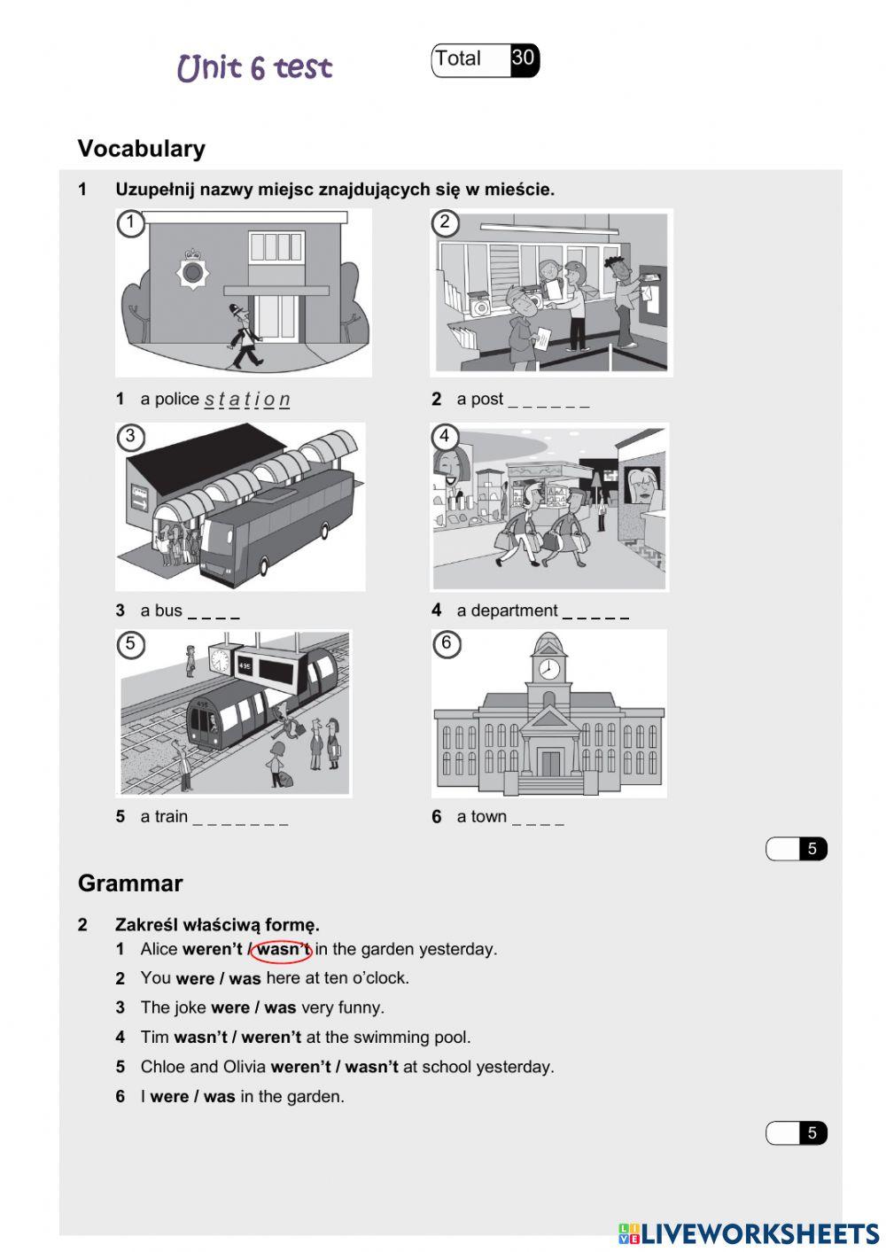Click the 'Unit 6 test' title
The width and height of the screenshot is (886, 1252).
(254, 67)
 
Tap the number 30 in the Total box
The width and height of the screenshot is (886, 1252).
(523, 58)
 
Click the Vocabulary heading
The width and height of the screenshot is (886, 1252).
(141, 149)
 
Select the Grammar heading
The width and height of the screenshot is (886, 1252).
(130, 883)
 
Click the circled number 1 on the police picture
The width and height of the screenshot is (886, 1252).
(130, 222)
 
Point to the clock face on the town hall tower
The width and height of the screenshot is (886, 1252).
(549, 668)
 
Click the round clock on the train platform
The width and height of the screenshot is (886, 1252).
(219, 660)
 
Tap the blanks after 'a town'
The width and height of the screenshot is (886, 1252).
(538, 820)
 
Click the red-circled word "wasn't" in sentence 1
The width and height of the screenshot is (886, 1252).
(283, 950)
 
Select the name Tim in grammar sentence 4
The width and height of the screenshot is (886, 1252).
(154, 1038)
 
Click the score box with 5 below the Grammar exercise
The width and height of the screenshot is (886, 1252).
(797, 1133)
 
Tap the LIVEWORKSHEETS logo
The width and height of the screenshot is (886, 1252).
(749, 1233)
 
